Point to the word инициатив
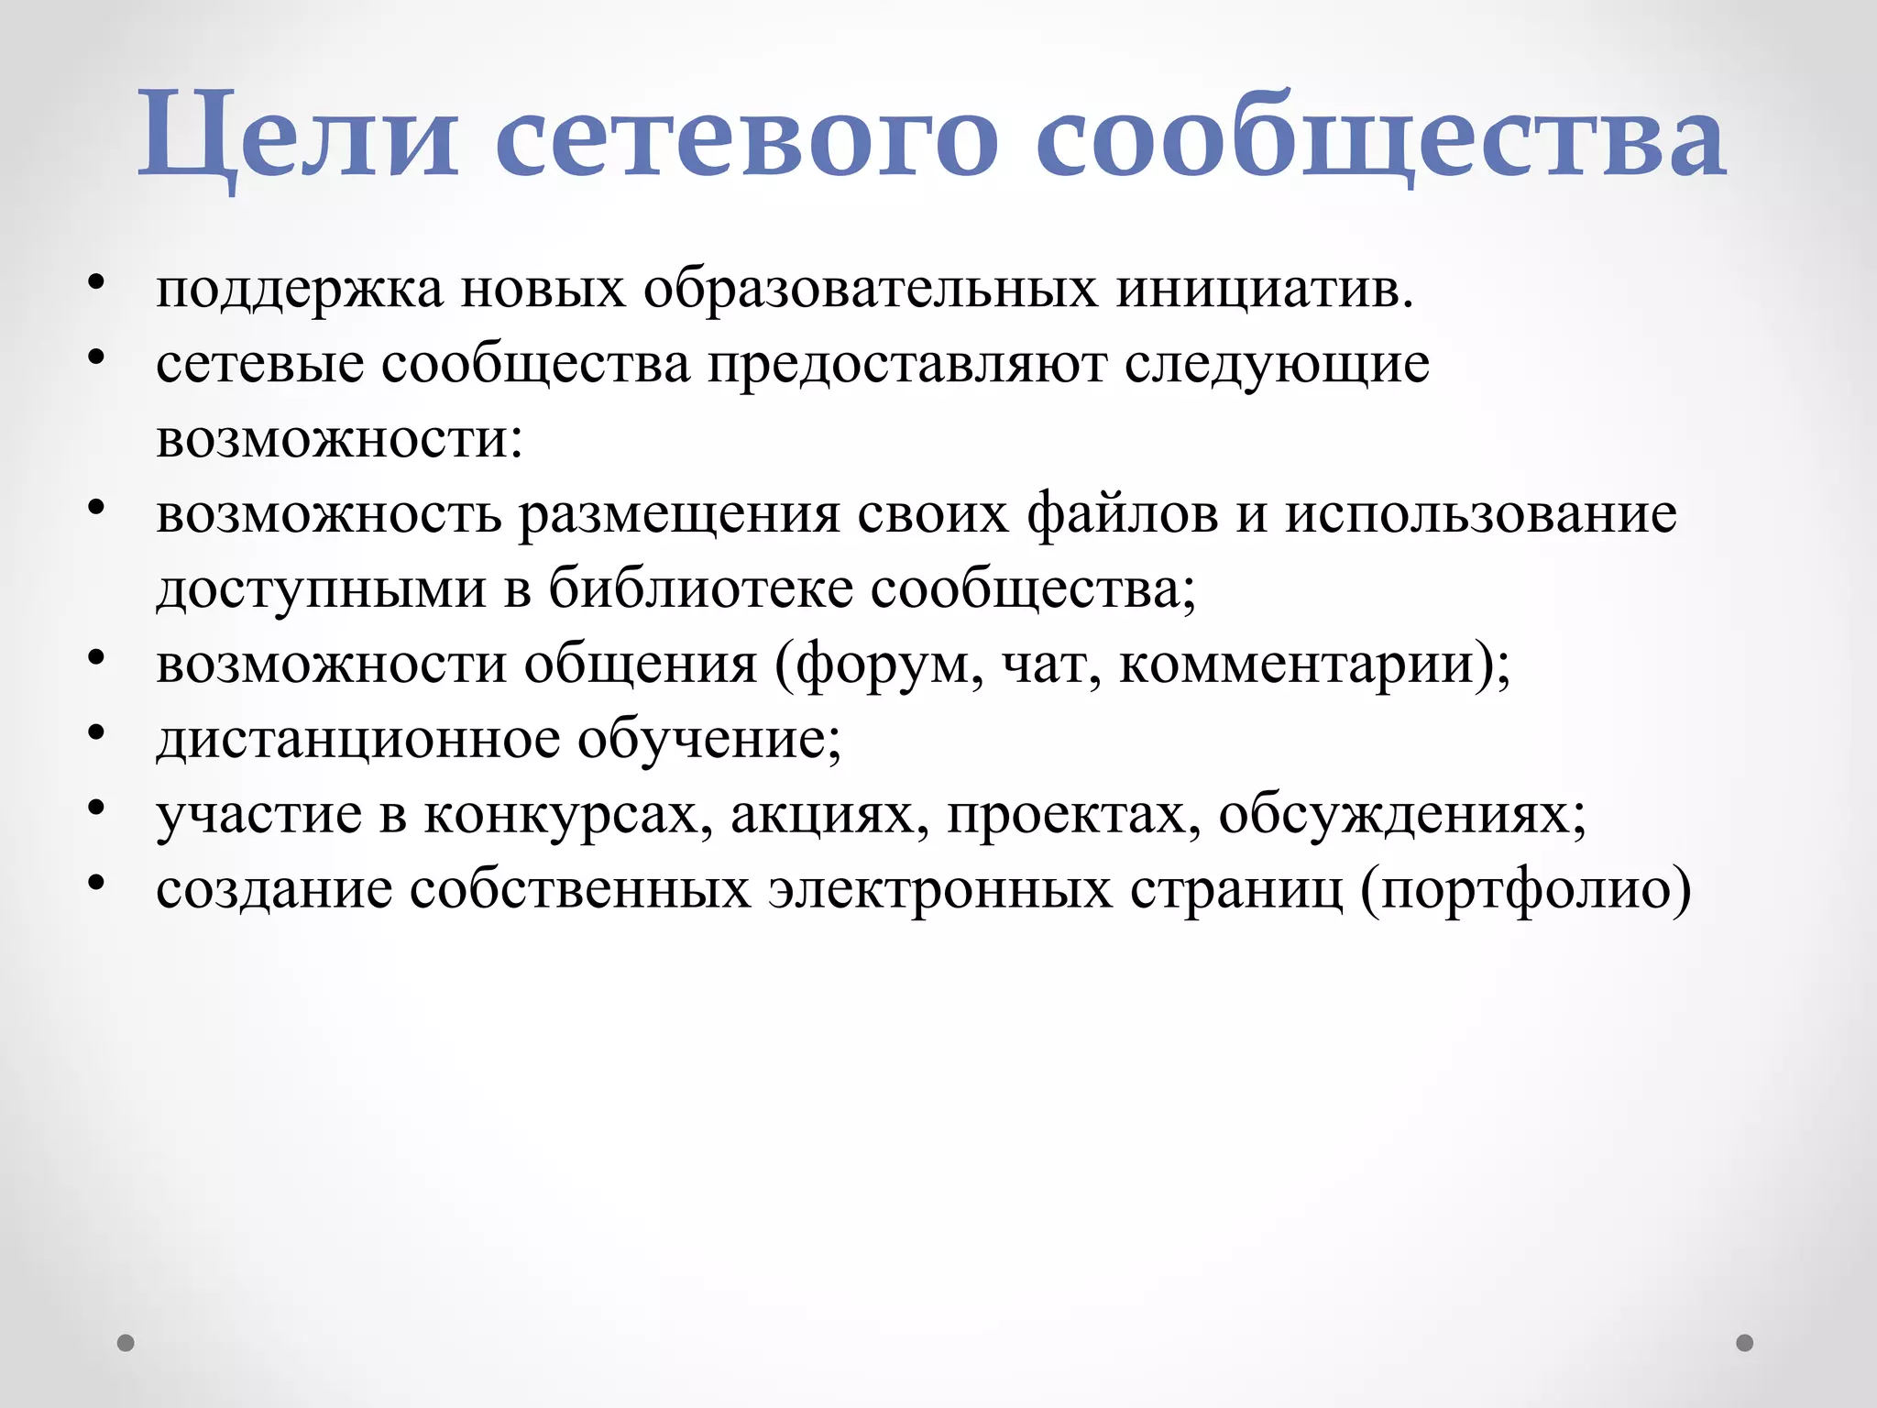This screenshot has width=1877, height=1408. [1265, 290]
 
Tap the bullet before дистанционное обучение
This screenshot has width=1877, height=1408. [97, 732]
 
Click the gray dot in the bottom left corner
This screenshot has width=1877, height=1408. [126, 1343]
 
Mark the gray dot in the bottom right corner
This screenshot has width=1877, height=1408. [1745, 1343]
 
